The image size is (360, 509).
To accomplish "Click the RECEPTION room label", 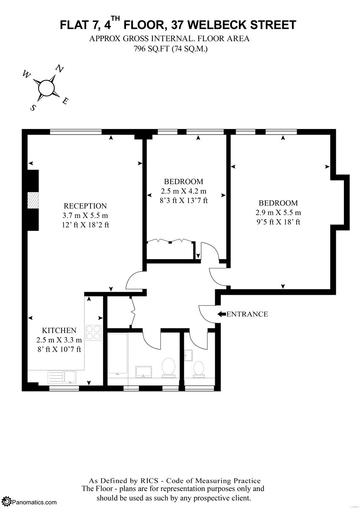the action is click(85, 206).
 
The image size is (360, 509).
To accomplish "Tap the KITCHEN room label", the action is click(59, 330).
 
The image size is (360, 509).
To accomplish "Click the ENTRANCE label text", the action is click(247, 314).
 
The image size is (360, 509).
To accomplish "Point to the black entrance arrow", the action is click(222, 314).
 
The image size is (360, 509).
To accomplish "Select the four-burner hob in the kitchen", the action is click(93, 333).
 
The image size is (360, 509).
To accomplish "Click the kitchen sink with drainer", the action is click(62, 377).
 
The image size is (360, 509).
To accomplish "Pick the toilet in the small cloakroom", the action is click(199, 369).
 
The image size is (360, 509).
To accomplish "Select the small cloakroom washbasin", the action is click(189, 355).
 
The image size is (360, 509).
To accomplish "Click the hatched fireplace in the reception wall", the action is click(33, 200).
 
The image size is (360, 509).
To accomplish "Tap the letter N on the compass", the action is click(59, 69).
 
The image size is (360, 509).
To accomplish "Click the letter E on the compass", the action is click(65, 101).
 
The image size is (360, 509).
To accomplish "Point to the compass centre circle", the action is click(46, 88).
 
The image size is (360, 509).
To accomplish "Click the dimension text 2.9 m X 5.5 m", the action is click(278, 213).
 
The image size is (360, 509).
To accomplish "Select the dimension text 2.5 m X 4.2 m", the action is click(183, 191).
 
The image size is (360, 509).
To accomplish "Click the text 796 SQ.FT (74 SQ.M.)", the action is click(171, 49).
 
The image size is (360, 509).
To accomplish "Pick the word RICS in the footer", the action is click(146, 481).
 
